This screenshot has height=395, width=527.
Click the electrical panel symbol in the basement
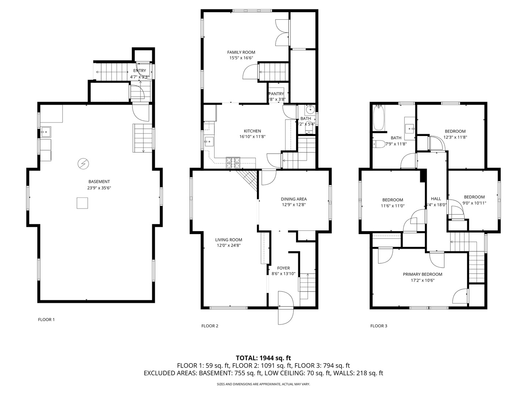(84, 164)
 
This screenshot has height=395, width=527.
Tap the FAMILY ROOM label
(241, 52)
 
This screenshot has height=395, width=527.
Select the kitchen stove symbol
(233, 162)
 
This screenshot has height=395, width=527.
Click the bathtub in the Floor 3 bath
(378, 118)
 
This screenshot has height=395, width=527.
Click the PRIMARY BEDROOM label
(422, 274)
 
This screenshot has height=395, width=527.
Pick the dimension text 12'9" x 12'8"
(294, 205)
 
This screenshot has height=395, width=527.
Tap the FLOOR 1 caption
(46, 319)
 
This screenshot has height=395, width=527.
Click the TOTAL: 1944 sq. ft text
(263, 358)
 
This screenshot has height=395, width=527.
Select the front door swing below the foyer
(286, 308)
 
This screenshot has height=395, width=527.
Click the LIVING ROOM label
(228, 240)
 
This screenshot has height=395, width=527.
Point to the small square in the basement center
(82, 203)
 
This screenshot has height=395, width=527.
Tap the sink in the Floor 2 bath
(310, 109)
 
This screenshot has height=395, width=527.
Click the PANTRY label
(276, 94)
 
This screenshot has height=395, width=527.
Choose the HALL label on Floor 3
(436, 199)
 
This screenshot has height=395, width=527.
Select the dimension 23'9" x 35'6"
(99, 188)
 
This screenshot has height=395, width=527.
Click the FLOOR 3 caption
(378, 326)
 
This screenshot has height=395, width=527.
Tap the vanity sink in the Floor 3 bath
(410, 128)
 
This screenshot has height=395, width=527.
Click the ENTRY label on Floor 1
(139, 71)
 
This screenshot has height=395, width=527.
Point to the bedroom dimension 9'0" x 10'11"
(474, 203)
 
